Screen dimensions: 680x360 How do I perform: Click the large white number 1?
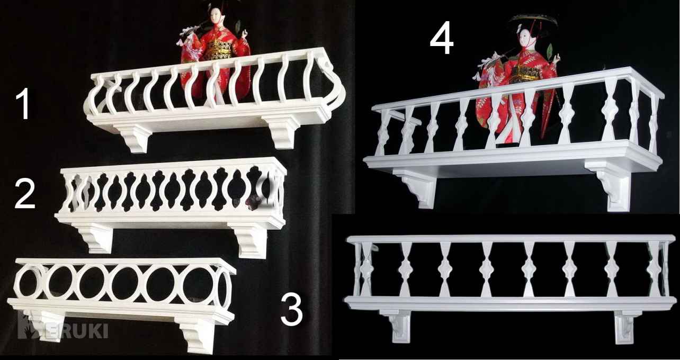tap(23, 104)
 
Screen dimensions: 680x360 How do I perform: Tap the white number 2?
tap(24, 193)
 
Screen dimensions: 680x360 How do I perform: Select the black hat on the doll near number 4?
tap(534, 21)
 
